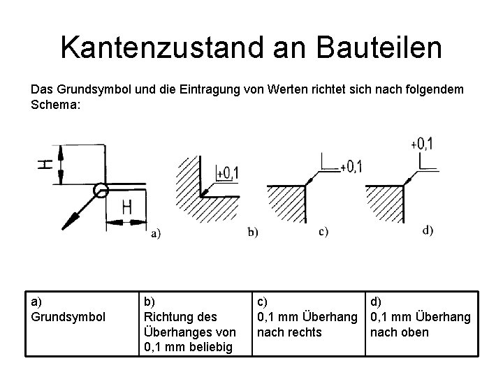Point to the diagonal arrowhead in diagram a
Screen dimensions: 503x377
(69, 222)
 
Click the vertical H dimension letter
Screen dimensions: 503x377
(45, 165)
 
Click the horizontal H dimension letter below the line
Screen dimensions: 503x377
(127, 207)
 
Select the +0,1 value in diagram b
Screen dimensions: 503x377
(227, 172)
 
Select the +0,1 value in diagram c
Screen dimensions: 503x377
(351, 166)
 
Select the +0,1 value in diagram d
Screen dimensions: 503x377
(422, 143)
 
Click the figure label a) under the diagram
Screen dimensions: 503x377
(155, 234)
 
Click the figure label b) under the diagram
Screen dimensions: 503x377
(252, 232)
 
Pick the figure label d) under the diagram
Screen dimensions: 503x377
(428, 230)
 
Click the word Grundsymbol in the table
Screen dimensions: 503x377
(68, 316)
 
